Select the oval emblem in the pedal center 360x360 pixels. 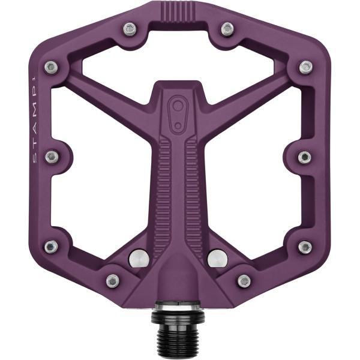tap(178, 112)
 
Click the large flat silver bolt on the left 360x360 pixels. tap(139, 258)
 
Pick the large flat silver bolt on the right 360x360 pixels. tap(217, 258)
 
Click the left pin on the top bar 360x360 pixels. tap(129, 29)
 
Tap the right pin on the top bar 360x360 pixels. tap(227, 29)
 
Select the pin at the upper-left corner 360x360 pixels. tap(52, 67)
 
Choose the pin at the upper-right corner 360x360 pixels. tap(305, 67)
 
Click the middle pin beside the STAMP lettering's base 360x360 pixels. tap(53, 157)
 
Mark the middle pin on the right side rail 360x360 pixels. tap(305, 157)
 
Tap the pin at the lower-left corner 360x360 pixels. tap(52, 246)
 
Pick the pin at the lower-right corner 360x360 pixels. tap(305, 246)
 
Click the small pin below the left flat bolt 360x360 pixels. tap(113, 280)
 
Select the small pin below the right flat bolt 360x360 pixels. tap(244, 280)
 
